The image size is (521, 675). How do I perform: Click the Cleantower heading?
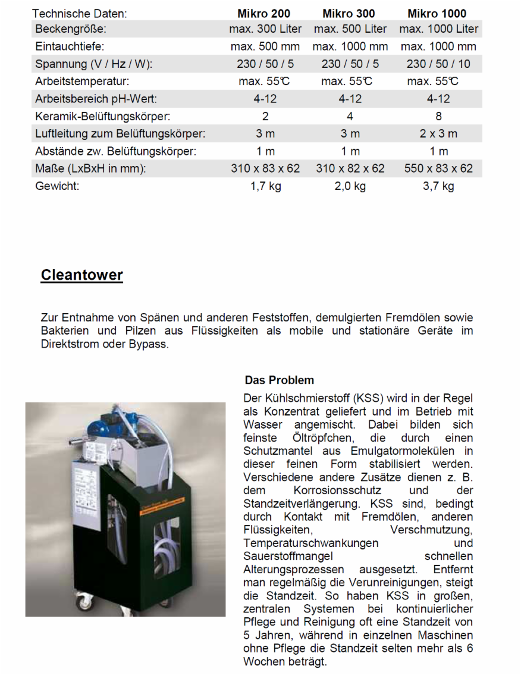[82, 275]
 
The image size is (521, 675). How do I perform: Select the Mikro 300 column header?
[350, 13]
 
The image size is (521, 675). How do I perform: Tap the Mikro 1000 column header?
[437, 13]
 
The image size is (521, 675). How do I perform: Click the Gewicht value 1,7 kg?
[265, 186]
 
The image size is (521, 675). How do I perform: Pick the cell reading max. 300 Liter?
[265, 29]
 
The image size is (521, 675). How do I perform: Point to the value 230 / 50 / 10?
[438, 64]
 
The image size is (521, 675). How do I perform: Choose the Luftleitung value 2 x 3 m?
[438, 134]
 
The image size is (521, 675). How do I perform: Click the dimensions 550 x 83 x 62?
[438, 168]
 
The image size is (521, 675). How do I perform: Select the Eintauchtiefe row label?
[70, 46]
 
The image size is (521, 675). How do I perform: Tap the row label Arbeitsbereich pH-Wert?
[95, 99]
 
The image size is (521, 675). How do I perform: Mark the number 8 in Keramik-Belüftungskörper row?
[438, 117]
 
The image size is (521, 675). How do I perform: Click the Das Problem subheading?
[279, 380]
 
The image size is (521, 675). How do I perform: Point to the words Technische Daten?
[80, 13]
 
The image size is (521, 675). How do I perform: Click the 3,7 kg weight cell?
[438, 186]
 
